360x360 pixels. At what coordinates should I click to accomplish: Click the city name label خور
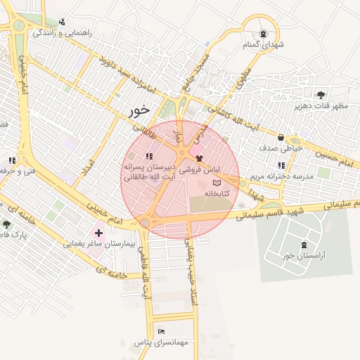coord(141,110)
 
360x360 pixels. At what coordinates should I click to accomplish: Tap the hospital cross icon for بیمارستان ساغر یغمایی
coord(98,232)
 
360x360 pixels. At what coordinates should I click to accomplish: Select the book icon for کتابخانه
coord(216,182)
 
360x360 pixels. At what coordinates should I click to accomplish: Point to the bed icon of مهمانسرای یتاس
coord(162,331)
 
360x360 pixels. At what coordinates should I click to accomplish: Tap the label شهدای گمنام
coord(263,46)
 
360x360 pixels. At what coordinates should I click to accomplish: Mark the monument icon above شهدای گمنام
coord(263,34)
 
